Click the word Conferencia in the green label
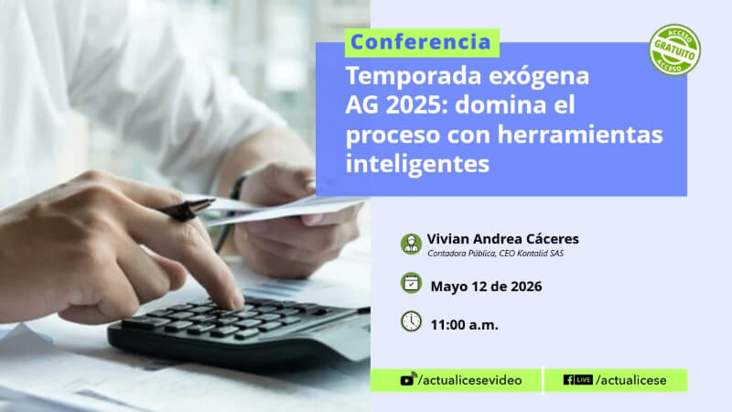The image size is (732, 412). pos(421,42)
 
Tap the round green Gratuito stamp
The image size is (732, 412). pos(674,50)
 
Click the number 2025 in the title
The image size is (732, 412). pos(414,105)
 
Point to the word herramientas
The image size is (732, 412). pos(580,135)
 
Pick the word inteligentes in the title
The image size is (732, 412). pos(417,164)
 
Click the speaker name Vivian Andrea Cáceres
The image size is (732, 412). pos(502,239)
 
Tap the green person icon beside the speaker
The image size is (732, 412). pos(411,244)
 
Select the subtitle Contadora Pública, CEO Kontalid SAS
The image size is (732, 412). pos(495,254)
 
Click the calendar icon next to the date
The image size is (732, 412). pos(411,283)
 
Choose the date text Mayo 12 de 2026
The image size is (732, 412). pos(486,287)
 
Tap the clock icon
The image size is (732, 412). pos(411,321)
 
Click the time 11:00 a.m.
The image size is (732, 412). pos(464,325)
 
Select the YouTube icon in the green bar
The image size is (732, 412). pos(407,379)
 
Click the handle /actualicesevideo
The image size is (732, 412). pos(469,380)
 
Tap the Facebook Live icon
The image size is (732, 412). pos(578,380)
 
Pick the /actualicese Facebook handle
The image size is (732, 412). pos(630,380)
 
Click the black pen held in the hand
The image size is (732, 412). pos(188,210)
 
